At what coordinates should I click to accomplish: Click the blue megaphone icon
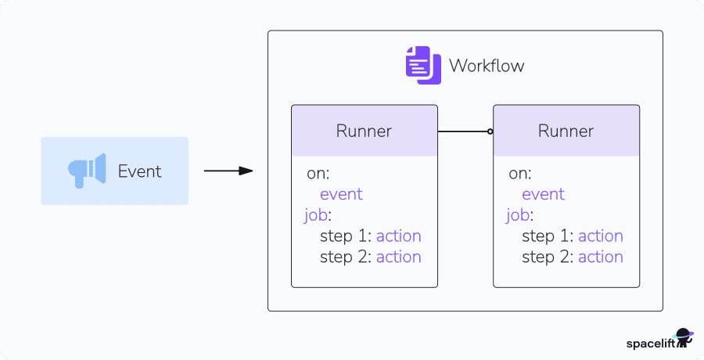pos(86,171)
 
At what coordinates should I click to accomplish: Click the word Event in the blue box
pos(139,171)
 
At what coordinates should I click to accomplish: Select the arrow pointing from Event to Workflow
pos(228,171)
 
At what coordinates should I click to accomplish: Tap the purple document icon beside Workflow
pos(418,65)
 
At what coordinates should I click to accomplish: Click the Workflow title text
pos(486,66)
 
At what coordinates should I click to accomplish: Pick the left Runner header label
pos(364,131)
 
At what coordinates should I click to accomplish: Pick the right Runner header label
pos(566,131)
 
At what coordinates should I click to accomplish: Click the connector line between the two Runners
pos(463,131)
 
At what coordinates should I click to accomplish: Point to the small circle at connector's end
pos(490,131)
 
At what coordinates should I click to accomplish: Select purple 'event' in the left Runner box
pos(341,194)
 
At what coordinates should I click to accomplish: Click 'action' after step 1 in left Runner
pos(398,236)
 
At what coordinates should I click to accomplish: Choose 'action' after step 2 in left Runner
pos(398,257)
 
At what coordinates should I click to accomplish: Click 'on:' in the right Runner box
pos(519,174)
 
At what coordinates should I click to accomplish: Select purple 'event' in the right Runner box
pos(543,194)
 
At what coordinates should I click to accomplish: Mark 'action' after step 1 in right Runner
pos(600,236)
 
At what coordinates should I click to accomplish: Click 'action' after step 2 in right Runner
pos(600,257)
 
